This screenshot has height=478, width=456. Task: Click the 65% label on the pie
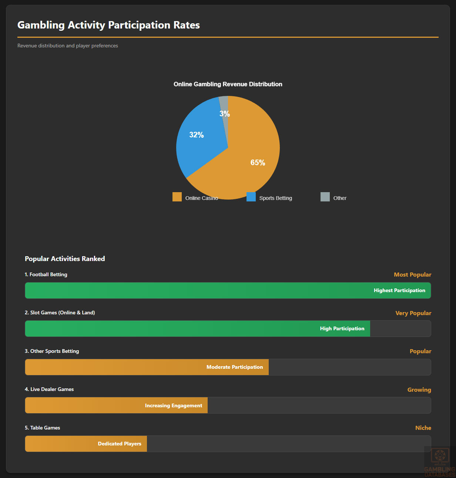click(258, 163)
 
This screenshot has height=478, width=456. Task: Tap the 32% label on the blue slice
click(197, 135)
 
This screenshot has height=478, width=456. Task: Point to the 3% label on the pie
click(225, 114)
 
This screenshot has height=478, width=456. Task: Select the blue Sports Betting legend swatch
click(251, 197)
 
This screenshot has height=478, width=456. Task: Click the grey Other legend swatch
click(325, 197)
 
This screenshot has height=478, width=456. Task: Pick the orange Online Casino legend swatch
click(177, 197)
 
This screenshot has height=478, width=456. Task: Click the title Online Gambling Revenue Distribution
click(228, 84)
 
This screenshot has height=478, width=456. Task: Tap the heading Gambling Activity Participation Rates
click(108, 25)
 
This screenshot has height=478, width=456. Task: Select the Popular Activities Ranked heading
click(65, 258)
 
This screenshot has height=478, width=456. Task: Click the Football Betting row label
click(46, 274)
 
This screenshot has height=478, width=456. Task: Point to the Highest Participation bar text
click(399, 290)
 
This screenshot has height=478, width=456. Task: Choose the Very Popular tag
click(413, 313)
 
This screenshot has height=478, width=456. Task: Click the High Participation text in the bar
click(342, 328)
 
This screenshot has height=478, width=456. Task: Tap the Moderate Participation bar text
click(235, 367)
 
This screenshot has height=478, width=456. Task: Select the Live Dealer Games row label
click(49, 389)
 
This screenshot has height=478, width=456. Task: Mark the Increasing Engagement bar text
click(174, 405)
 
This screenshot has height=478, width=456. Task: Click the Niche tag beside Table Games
click(423, 428)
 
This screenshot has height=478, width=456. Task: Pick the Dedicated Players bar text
click(120, 444)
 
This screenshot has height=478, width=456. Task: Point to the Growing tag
click(419, 390)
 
